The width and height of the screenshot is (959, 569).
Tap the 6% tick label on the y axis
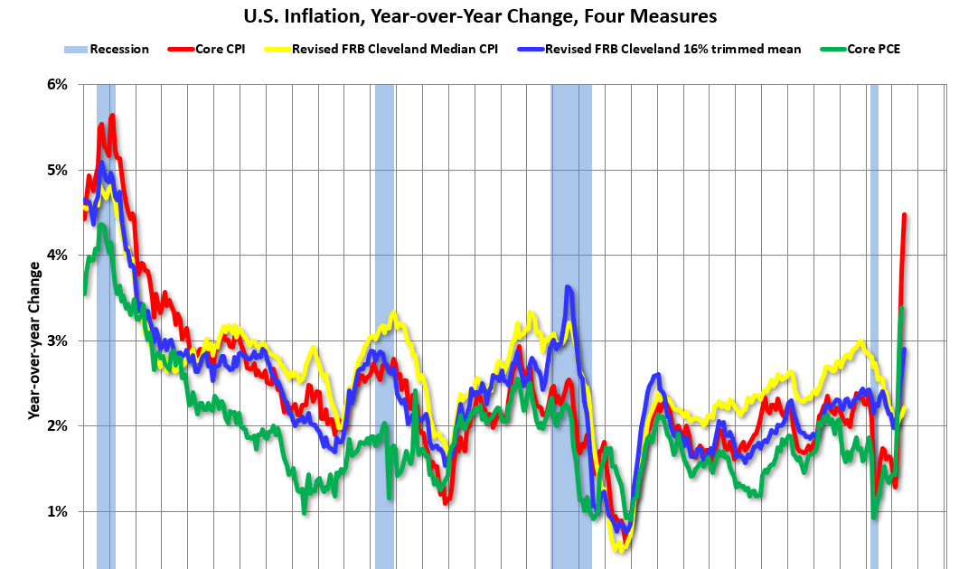56,84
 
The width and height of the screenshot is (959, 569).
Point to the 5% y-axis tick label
56,170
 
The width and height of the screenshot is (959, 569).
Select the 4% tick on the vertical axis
56,255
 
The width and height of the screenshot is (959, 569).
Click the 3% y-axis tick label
56,340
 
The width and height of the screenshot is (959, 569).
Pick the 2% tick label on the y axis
56,425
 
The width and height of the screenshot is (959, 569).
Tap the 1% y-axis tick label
56,511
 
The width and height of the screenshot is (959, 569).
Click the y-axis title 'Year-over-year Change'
33,340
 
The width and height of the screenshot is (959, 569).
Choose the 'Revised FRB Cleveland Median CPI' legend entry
395,49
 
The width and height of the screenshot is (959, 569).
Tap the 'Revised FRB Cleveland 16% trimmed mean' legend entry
670,49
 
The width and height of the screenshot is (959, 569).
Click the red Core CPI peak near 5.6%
111,116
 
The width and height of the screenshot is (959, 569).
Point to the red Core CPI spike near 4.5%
904,215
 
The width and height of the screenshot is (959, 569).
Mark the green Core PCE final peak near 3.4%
901,309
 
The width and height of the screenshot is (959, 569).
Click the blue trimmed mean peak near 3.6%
568,288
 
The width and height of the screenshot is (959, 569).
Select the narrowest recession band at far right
874,325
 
